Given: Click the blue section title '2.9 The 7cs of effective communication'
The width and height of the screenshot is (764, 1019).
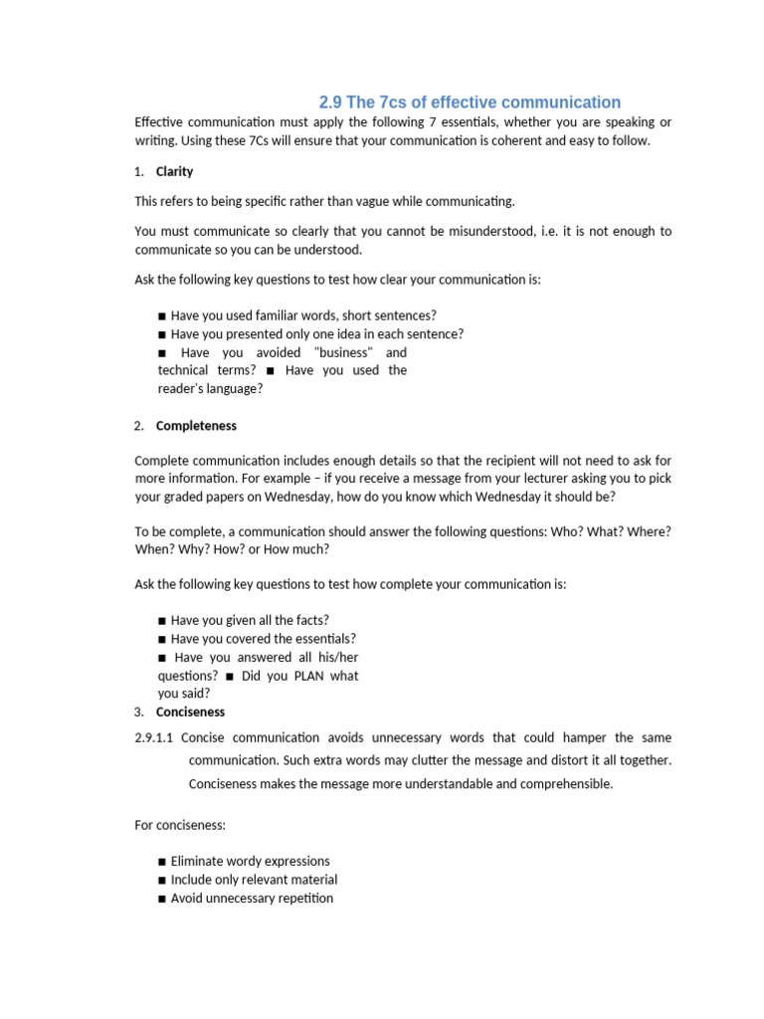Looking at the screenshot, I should (x=469, y=102).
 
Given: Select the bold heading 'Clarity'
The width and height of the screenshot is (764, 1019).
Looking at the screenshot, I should (x=174, y=171).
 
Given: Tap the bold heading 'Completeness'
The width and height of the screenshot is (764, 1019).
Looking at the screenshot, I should (x=196, y=426).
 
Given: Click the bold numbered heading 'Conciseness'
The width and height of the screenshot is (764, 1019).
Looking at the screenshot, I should (x=190, y=713).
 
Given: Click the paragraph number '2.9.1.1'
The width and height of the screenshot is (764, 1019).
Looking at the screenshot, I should (x=154, y=738).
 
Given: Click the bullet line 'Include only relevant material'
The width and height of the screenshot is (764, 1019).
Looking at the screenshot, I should (x=253, y=880).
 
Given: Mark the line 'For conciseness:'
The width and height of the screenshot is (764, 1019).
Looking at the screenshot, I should (x=182, y=825).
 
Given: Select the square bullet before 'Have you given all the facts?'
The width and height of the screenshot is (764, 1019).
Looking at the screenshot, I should (x=162, y=621).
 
